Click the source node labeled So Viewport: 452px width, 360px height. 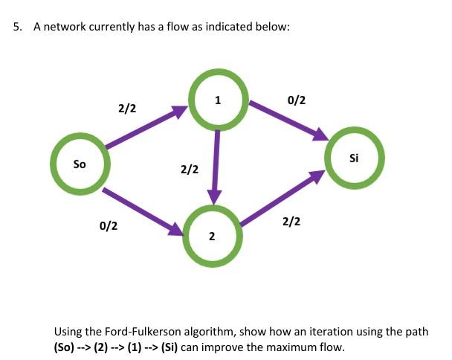point(80,162)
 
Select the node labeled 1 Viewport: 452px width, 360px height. point(216,101)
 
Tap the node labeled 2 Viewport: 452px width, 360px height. point(212,237)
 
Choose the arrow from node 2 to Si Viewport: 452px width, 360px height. point(282,197)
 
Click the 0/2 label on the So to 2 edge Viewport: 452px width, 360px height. point(108,225)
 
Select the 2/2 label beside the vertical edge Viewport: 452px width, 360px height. point(190,170)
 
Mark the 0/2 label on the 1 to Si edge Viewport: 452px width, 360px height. point(295,99)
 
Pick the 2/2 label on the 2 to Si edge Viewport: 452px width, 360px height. point(291,222)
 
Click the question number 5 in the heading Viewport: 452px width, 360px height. point(17,28)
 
